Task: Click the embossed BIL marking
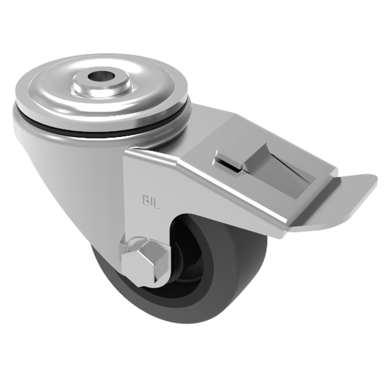point(151,200)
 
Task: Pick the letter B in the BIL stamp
point(145,200)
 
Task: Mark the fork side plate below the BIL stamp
point(146,224)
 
